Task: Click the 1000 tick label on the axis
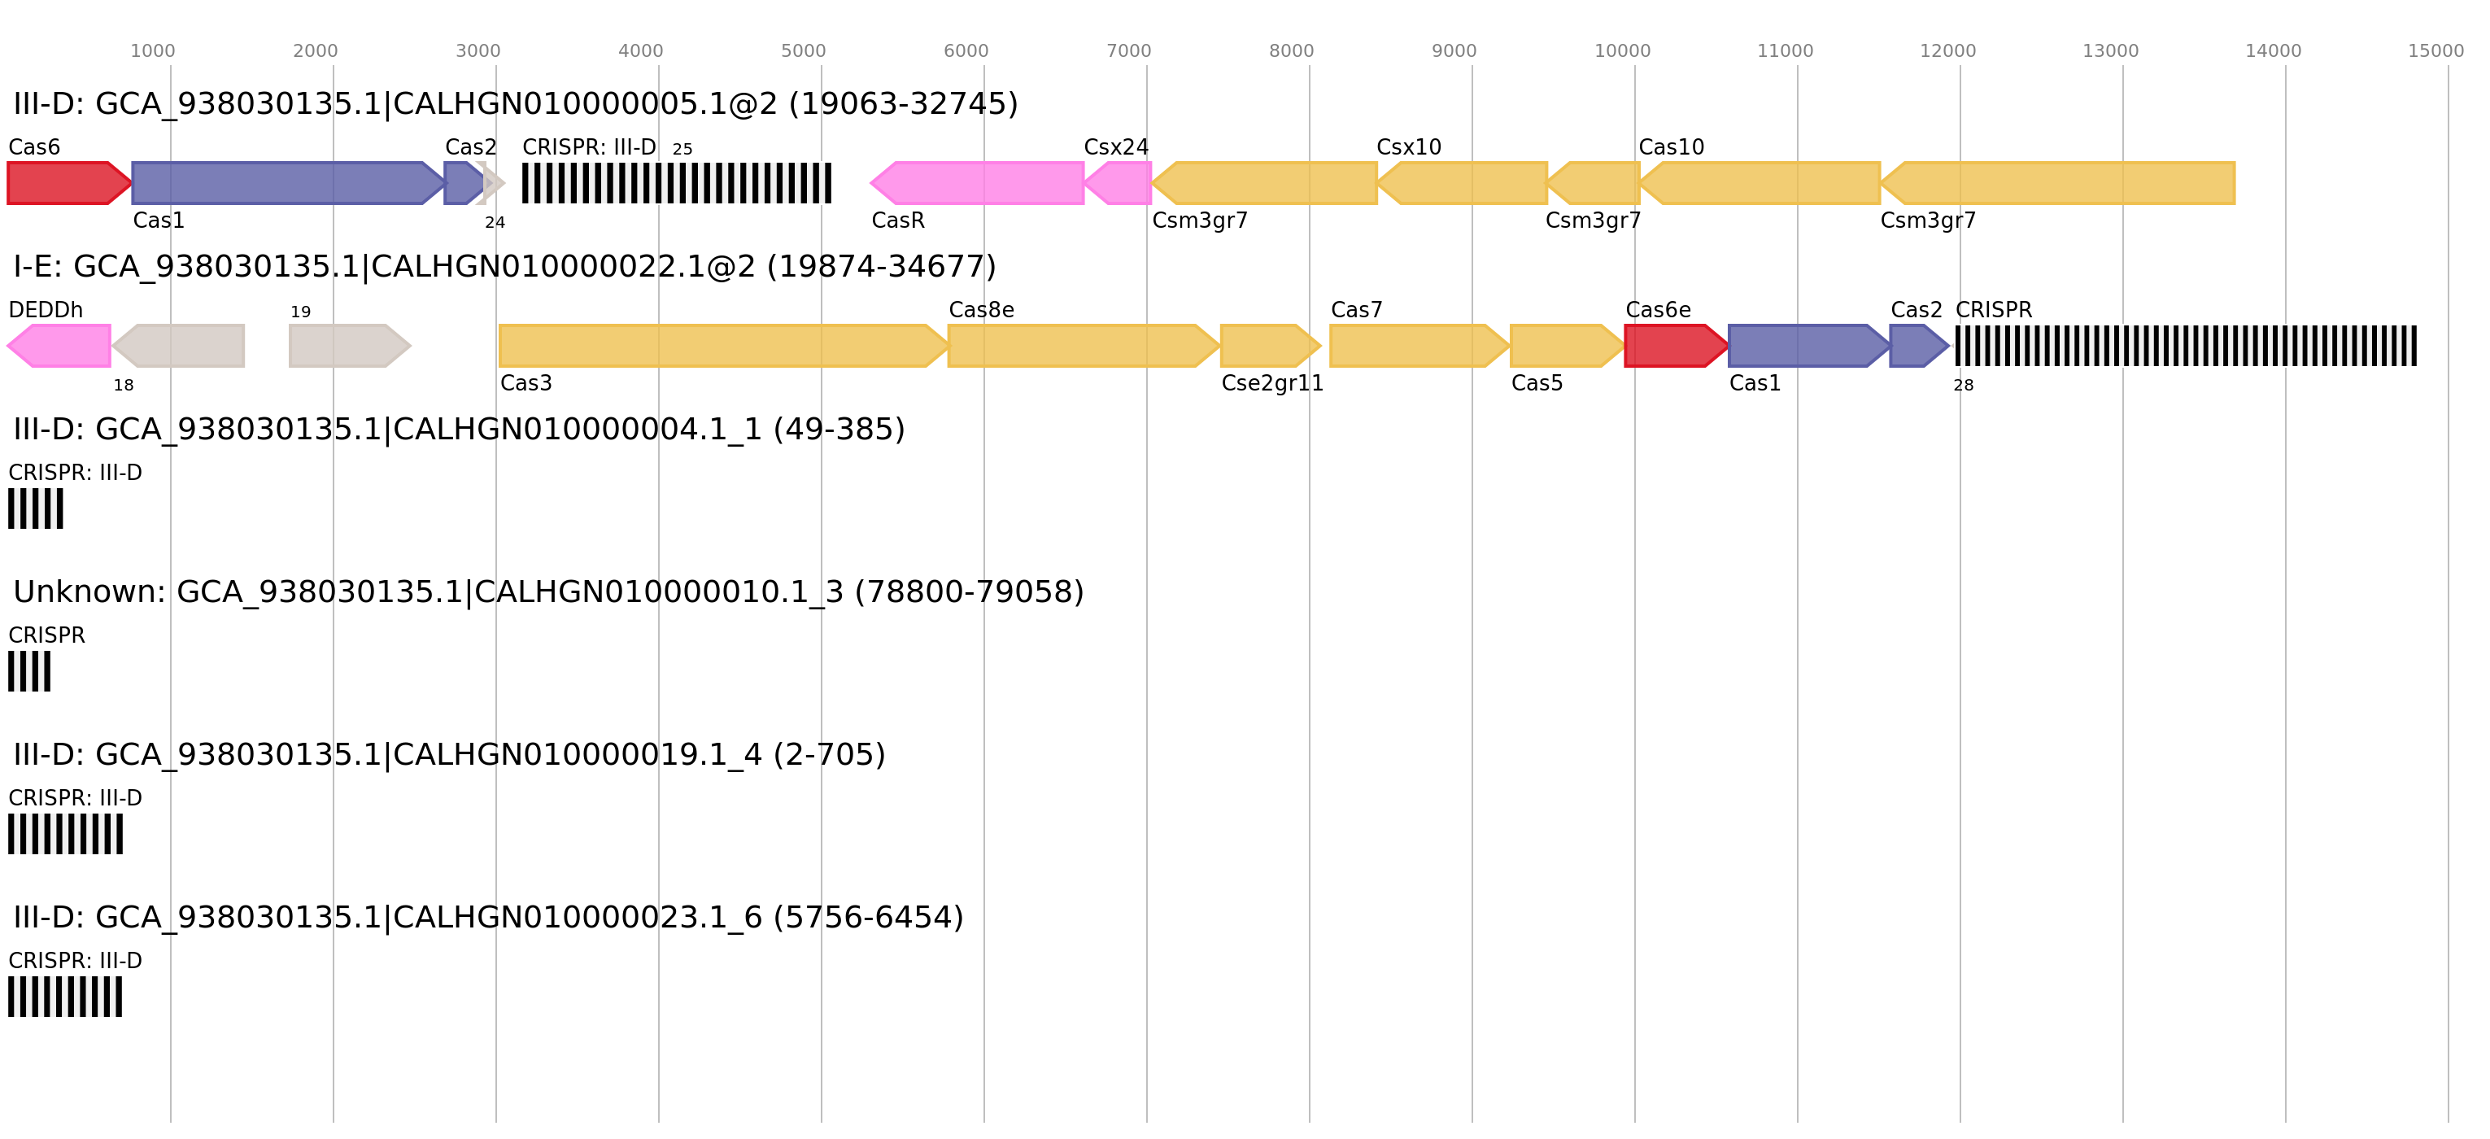153,51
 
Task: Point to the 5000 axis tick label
803,51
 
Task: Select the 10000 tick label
1622,51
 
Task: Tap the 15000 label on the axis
2435,51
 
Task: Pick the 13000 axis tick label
2110,51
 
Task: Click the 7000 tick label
1128,51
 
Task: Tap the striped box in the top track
677,183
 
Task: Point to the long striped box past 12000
2186,346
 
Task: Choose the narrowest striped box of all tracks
29,671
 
